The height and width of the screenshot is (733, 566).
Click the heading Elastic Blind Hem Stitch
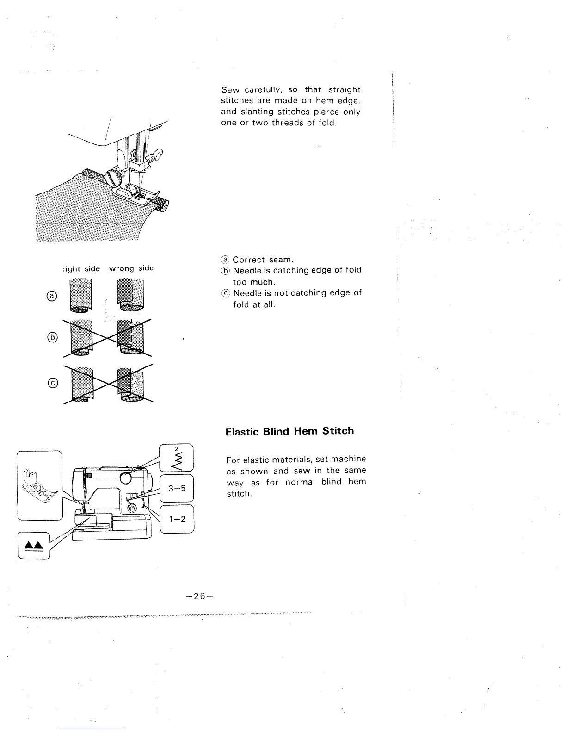click(289, 431)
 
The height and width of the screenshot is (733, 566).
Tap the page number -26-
click(197, 596)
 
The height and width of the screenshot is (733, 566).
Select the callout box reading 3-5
click(177, 488)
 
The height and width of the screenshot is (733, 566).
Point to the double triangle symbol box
click(33, 546)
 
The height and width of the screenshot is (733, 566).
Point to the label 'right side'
click(81, 269)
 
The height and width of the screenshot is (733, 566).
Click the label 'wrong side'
click(131, 268)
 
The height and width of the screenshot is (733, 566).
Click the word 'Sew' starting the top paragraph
click(229, 89)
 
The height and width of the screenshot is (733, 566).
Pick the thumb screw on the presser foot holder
click(114, 177)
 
